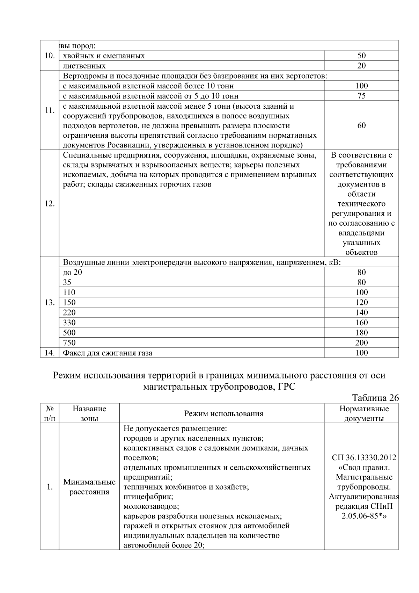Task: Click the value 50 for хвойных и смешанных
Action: (x=361, y=56)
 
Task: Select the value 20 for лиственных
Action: (x=361, y=66)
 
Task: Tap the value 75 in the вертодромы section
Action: (x=361, y=96)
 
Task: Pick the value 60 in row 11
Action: (x=361, y=125)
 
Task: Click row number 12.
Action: (x=50, y=204)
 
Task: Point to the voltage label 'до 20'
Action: (x=72, y=272)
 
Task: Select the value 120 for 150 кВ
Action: (x=361, y=302)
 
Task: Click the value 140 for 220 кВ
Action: (x=361, y=312)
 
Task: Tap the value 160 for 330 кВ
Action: (x=361, y=323)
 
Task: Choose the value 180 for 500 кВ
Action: (x=361, y=333)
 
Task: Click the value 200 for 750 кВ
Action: (x=361, y=343)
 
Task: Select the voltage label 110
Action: (x=69, y=292)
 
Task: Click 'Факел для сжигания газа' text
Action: (x=108, y=353)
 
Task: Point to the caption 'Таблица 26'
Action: (x=375, y=398)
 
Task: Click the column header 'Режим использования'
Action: (x=223, y=414)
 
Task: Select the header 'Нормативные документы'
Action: (x=364, y=414)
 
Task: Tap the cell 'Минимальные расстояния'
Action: (x=89, y=487)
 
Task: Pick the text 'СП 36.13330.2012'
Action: (x=364, y=458)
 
